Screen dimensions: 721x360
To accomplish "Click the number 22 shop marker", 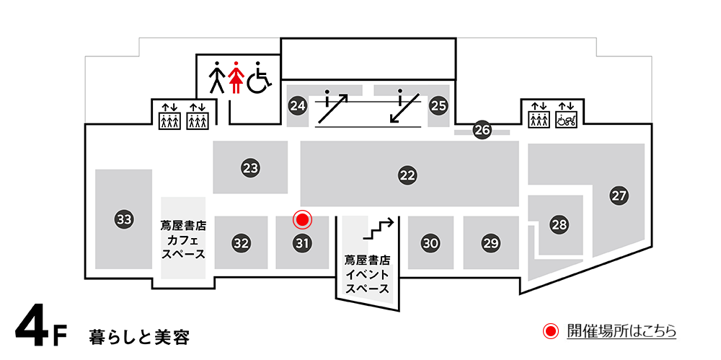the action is coord(407,175).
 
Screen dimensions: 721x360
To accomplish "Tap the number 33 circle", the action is coord(124,219).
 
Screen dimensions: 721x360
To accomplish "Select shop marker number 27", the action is coord(619,196).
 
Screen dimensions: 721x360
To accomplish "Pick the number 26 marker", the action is coord(482,130).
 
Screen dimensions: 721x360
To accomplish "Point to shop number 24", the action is coord(298,106).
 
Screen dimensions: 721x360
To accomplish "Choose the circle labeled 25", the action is coord(438,106).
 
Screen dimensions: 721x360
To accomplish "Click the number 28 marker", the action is coord(559,224).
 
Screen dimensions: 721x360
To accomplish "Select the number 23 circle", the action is coord(251,168).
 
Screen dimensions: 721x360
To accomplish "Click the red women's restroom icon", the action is coord(236,77).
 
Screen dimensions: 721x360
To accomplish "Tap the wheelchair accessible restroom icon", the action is coord(259,77).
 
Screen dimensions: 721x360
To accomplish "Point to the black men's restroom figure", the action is coord(216,77).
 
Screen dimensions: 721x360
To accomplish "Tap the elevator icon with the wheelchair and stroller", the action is coord(566,115).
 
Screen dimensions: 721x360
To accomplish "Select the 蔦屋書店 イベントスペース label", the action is coord(368,275).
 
